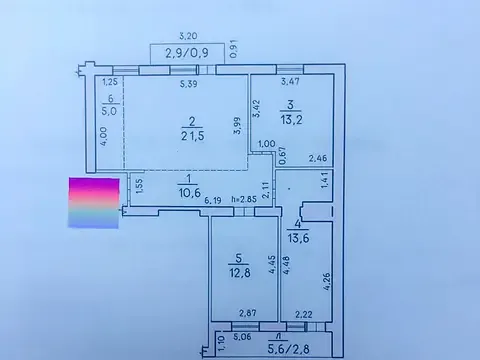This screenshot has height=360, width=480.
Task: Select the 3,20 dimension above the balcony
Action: point(186,33)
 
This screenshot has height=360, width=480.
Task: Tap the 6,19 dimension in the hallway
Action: point(212,201)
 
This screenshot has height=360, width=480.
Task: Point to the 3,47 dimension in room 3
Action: point(290,82)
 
